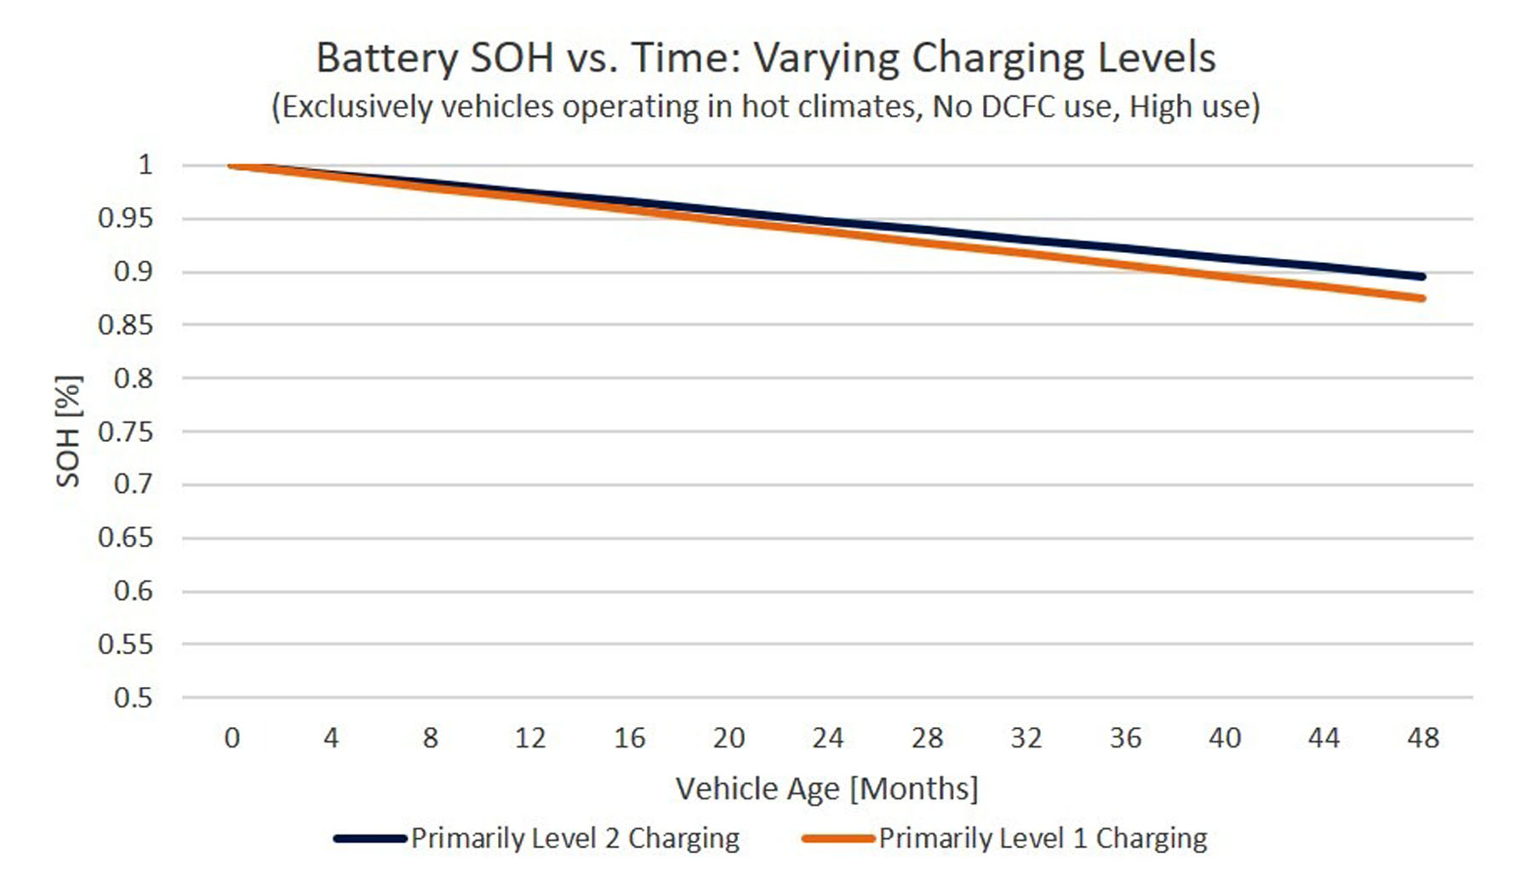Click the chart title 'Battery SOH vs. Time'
(765, 58)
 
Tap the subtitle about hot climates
(765, 107)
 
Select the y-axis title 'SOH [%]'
(68, 431)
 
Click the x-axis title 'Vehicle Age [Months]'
(826, 788)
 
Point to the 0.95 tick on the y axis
(125, 219)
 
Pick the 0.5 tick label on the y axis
(133, 698)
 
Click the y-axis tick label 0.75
(125, 432)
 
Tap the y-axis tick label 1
(146, 164)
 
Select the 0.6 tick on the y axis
(133, 591)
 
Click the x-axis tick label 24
(827, 737)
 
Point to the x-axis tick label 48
(1423, 737)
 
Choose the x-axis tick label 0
(232, 737)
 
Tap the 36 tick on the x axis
(1125, 737)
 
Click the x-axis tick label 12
(529, 737)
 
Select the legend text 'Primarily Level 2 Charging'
(574, 839)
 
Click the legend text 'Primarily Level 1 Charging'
(1043, 839)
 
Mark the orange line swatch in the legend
(838, 839)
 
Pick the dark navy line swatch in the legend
(370, 839)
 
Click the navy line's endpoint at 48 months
(1423, 277)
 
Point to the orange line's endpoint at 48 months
(1423, 298)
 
